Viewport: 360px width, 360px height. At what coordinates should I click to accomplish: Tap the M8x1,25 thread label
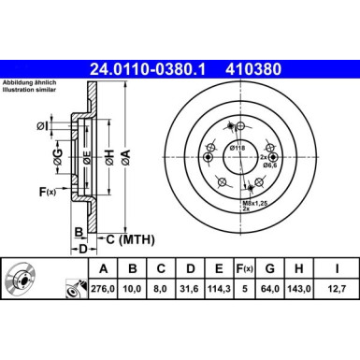255,200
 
